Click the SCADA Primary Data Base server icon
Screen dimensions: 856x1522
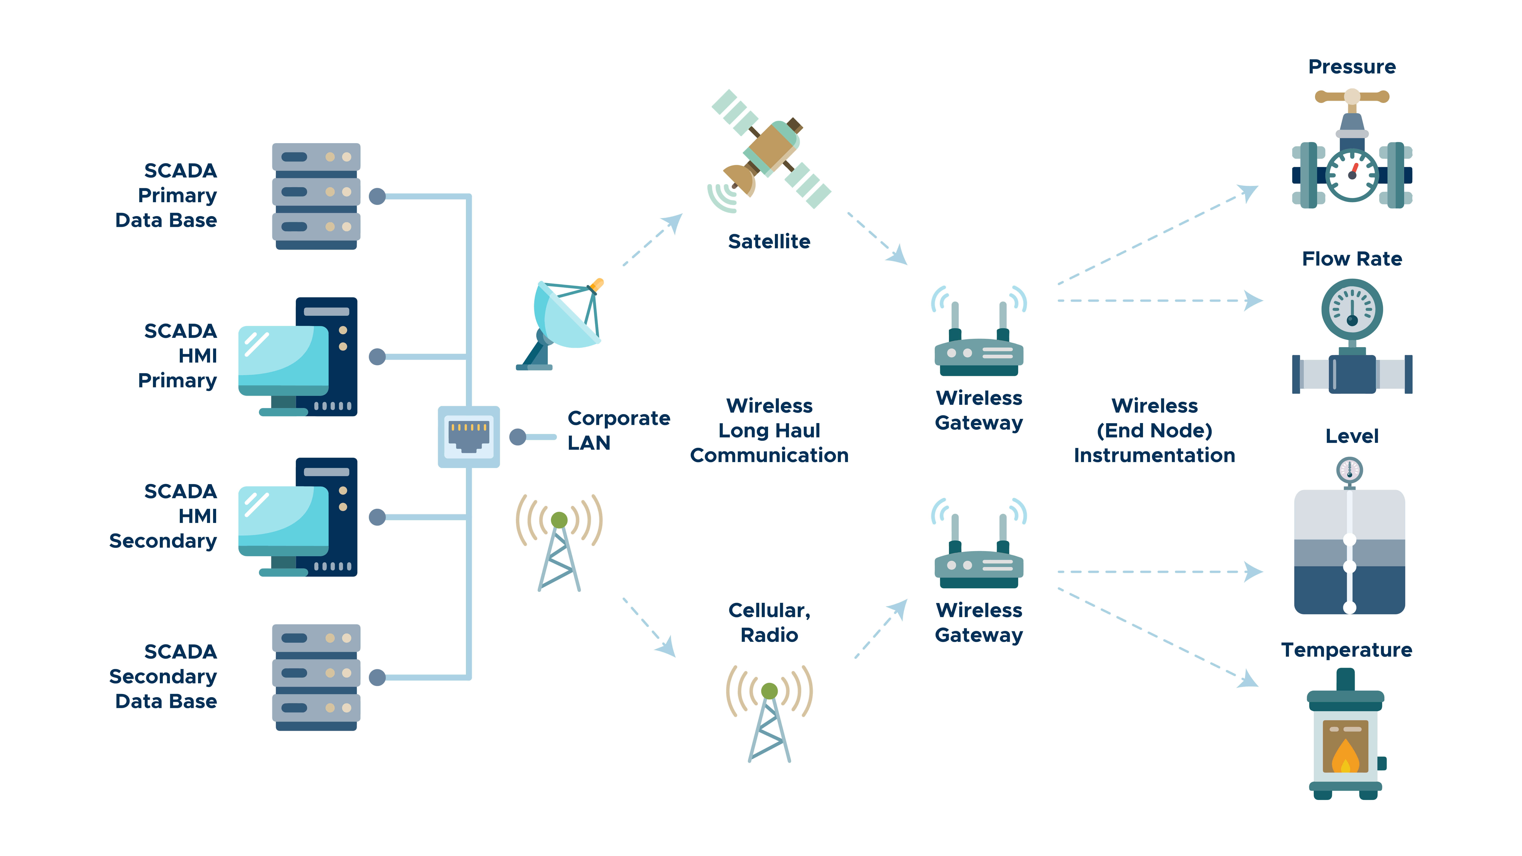click(316, 196)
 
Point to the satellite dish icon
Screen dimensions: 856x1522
click(561, 325)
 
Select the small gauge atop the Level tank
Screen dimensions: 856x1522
click(1349, 470)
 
